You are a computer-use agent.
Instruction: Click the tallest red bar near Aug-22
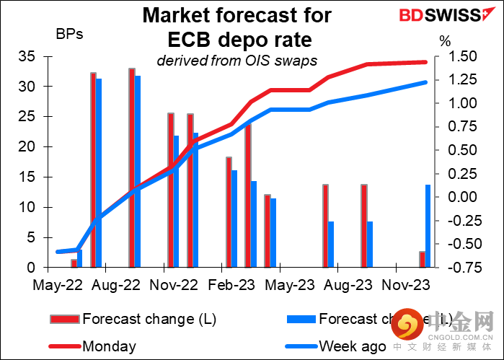pos(132,167)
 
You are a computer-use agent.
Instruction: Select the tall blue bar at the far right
pos(428,226)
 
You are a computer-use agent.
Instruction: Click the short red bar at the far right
pos(423,259)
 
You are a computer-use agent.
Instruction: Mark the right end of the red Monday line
pos(425,62)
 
